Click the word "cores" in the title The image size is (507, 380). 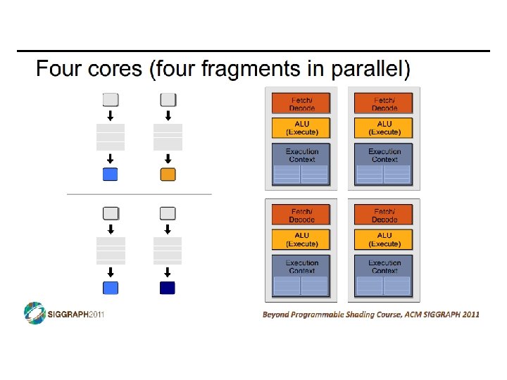point(115,70)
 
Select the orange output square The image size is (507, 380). point(168,175)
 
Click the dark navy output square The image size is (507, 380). point(168,287)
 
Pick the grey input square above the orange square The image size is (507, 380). point(168,99)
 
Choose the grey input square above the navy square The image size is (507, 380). point(168,213)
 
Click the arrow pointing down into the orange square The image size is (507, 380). point(168,159)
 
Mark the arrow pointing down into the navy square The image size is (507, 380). point(168,272)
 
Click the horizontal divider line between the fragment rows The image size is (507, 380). point(139,194)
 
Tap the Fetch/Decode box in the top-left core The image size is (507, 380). point(301,104)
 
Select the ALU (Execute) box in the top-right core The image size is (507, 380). point(384,128)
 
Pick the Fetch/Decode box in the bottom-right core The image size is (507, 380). point(384,215)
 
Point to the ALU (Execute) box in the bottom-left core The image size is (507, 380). point(301,239)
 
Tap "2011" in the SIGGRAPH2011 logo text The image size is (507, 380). point(96,315)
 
